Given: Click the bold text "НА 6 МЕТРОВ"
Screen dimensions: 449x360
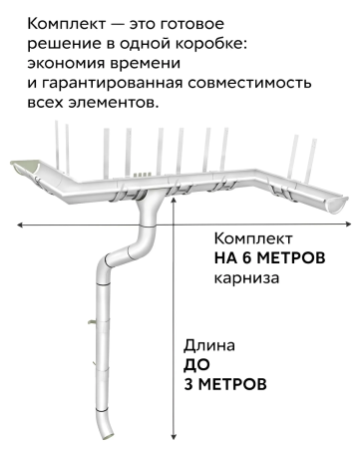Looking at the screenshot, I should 269,257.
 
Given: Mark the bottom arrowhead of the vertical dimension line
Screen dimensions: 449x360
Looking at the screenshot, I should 175,437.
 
